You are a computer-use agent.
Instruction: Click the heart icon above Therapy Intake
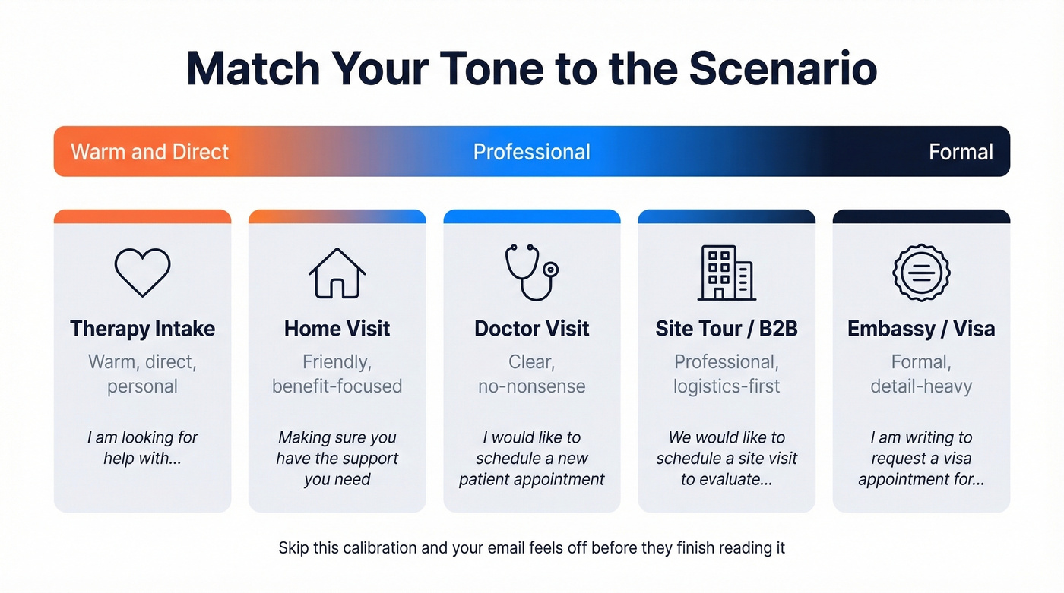click(142, 272)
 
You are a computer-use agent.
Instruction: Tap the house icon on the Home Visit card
click(337, 273)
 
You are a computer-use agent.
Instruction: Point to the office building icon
click(726, 273)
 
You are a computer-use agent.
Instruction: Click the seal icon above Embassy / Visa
click(921, 273)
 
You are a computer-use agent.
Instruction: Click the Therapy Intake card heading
click(142, 329)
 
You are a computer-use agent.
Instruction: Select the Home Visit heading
click(337, 329)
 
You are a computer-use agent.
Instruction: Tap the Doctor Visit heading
click(531, 329)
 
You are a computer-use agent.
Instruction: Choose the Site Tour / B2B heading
click(726, 329)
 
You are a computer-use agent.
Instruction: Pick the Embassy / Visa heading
click(921, 329)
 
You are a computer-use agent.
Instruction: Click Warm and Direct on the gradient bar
click(150, 152)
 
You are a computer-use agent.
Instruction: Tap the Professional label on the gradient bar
click(531, 152)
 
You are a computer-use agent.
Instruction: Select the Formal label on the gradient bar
click(961, 152)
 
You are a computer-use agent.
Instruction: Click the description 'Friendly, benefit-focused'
click(337, 374)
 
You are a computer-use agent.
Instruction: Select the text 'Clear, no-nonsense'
click(531, 374)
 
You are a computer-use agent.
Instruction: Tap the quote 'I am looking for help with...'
click(142, 448)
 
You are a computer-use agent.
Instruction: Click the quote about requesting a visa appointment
click(921, 458)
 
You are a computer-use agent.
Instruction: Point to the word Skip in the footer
click(293, 547)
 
